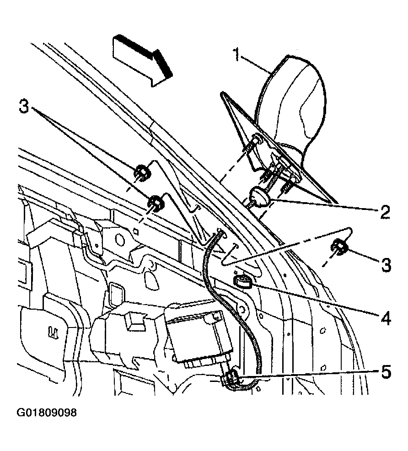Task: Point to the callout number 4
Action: (385, 318)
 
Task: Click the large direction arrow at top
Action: (142, 60)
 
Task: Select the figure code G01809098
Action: (47, 413)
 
